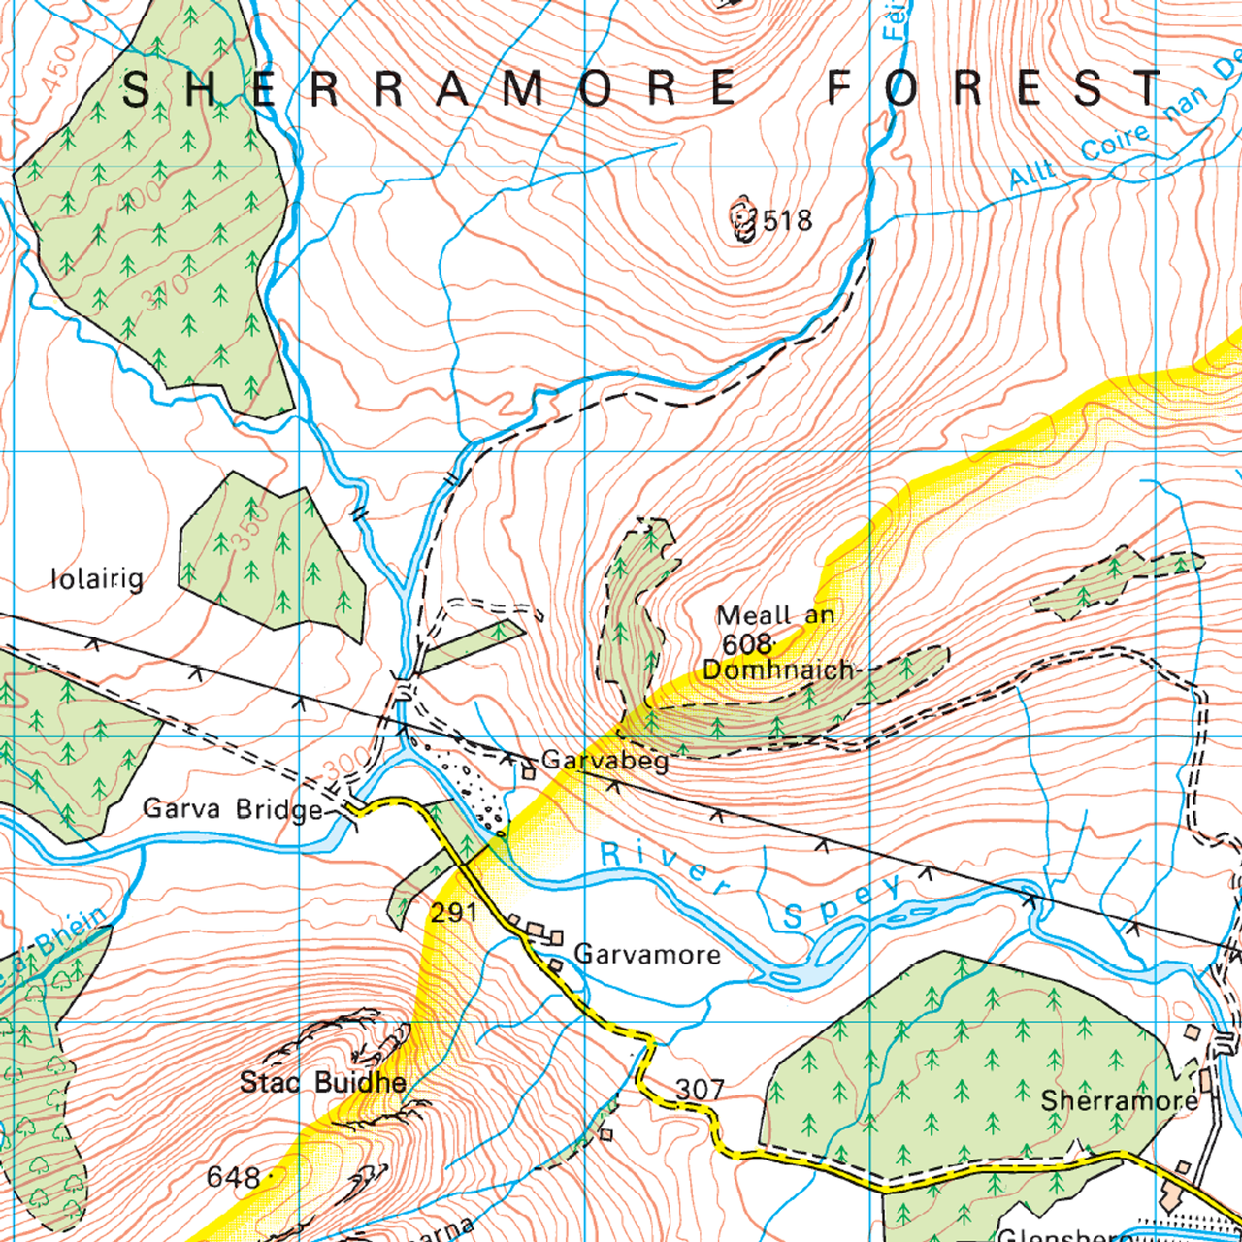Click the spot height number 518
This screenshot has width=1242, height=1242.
click(x=787, y=221)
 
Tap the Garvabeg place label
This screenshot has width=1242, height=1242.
click(x=605, y=760)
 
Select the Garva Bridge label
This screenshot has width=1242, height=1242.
click(x=233, y=809)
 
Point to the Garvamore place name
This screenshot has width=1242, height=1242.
click(x=647, y=955)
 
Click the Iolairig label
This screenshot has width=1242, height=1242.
click(x=97, y=579)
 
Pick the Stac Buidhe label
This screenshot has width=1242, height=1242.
click(x=323, y=1082)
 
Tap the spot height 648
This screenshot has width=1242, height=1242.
click(x=233, y=1178)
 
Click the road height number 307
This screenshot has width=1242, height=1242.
click(x=700, y=1090)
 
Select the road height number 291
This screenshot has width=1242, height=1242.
click(x=454, y=912)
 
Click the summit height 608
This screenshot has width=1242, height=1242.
click(x=746, y=644)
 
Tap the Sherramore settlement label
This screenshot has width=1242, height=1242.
click(x=1120, y=1100)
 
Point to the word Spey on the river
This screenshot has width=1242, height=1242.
click(x=842, y=903)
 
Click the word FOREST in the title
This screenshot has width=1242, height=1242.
click(x=994, y=89)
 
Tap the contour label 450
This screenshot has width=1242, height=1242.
click(x=57, y=68)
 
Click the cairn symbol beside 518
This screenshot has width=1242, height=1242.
click(x=743, y=220)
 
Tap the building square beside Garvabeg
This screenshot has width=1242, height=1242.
click(x=528, y=773)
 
